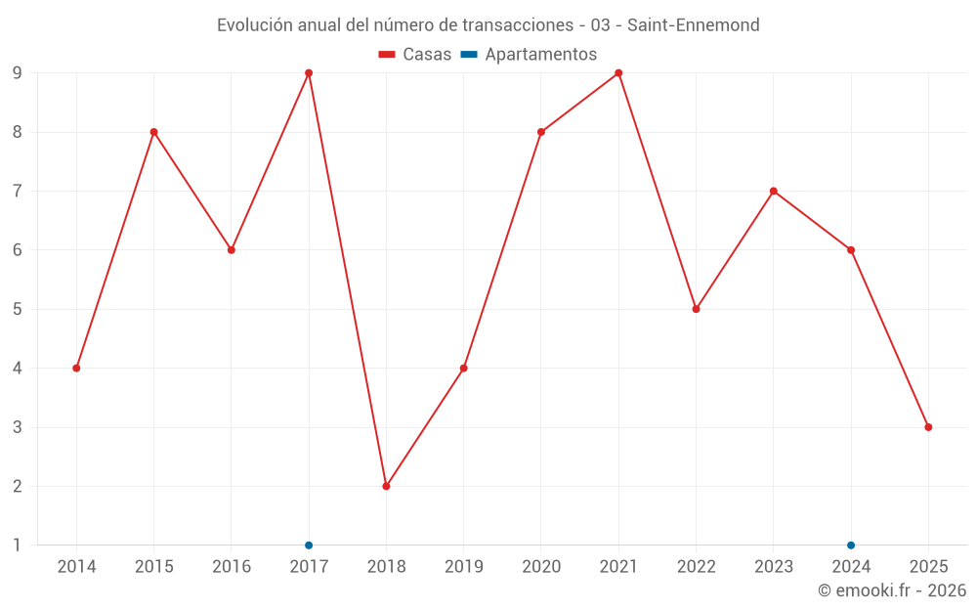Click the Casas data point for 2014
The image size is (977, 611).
(x=76, y=368)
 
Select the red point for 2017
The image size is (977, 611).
(x=309, y=73)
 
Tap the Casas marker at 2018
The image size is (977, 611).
(x=386, y=486)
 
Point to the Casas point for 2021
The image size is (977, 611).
(x=618, y=73)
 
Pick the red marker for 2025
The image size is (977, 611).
(x=928, y=427)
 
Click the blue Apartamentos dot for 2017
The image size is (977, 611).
(x=309, y=545)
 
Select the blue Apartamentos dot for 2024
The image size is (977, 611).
(x=851, y=545)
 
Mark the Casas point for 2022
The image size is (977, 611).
(x=696, y=309)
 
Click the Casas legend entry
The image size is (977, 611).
(x=415, y=55)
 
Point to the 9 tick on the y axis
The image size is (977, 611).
(x=17, y=73)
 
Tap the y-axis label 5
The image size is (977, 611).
(x=17, y=309)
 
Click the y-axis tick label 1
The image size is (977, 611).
(x=17, y=545)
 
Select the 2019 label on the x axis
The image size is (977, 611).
(x=463, y=567)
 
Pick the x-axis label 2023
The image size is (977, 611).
(x=773, y=567)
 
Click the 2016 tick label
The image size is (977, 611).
(x=232, y=567)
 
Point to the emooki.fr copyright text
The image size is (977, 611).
(x=892, y=590)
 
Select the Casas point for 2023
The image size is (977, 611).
(x=773, y=191)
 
